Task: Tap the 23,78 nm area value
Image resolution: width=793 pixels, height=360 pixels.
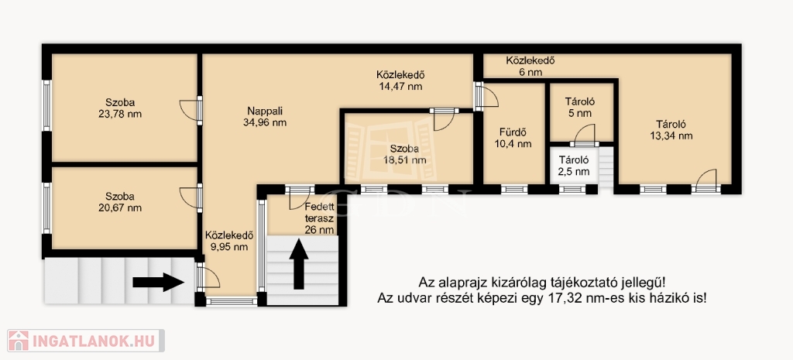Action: (120, 114)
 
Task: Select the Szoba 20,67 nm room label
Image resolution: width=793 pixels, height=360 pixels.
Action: (120, 202)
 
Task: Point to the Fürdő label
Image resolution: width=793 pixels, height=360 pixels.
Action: (513, 133)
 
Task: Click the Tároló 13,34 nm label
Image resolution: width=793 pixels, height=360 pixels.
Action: (671, 130)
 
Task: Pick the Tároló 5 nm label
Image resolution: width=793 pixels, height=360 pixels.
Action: (579, 107)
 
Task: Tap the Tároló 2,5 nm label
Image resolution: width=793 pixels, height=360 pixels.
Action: (574, 166)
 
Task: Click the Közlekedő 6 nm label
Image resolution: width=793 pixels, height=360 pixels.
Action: (530, 67)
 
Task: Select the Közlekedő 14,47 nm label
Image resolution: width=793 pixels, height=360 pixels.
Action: (400, 81)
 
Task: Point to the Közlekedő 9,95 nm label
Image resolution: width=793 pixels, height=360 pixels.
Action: (229, 241)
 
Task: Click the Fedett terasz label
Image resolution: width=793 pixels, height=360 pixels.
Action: (319, 213)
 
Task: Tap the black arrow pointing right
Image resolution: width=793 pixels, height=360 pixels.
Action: (158, 282)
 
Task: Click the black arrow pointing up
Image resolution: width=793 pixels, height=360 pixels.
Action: (299, 265)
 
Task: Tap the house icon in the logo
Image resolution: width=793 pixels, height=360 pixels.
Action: (19, 341)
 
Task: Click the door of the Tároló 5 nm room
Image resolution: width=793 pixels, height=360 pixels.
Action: (584, 135)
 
